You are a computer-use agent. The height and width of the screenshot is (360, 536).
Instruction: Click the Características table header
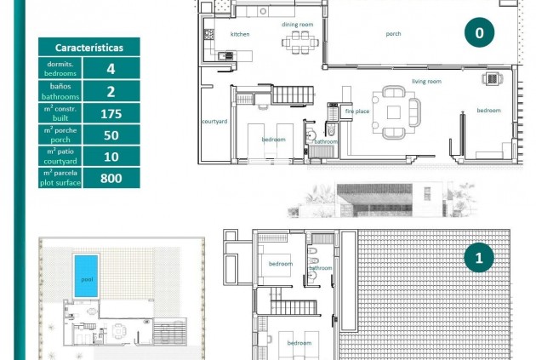coord(88,49)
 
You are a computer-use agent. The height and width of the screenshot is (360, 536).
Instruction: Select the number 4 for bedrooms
coord(111,70)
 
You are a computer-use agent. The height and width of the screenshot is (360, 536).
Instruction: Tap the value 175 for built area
coord(111,114)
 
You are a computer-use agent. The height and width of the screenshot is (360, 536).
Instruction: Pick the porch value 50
coord(111,135)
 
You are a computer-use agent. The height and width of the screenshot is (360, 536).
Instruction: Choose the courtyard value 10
coord(111,157)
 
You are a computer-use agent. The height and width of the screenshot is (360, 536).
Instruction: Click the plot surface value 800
coord(111,178)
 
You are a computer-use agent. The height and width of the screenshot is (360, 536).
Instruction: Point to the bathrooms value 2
coord(111,92)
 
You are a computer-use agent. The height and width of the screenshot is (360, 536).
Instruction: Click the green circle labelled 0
coord(479,33)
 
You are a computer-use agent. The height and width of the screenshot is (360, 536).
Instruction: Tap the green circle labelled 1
coord(479,257)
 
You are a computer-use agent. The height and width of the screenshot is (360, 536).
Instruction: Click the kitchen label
coord(240,34)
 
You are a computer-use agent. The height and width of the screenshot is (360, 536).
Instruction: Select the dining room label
coord(298,25)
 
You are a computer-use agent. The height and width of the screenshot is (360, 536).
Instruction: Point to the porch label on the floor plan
coord(393,34)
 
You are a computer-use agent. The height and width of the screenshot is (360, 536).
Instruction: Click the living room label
coord(426,82)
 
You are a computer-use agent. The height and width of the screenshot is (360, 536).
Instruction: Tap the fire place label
coord(356,111)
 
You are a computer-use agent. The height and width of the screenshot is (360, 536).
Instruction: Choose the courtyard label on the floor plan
coord(214,122)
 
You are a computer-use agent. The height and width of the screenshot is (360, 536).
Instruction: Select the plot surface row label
coord(60,178)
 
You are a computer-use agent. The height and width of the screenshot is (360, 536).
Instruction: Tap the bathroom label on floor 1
coord(321,268)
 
